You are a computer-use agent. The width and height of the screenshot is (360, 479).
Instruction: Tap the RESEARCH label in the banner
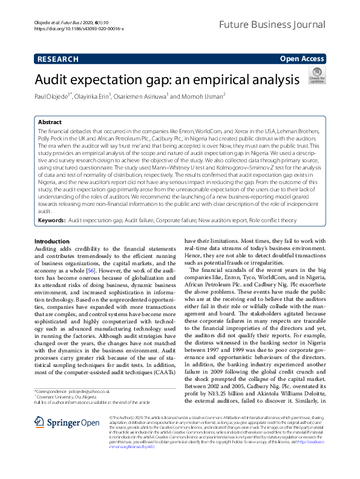click(x=57, y=59)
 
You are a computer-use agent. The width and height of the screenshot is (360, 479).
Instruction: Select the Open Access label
click(x=302, y=59)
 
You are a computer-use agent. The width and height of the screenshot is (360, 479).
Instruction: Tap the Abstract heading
click(x=50, y=122)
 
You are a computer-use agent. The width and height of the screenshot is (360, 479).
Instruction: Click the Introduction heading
click(x=52, y=241)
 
